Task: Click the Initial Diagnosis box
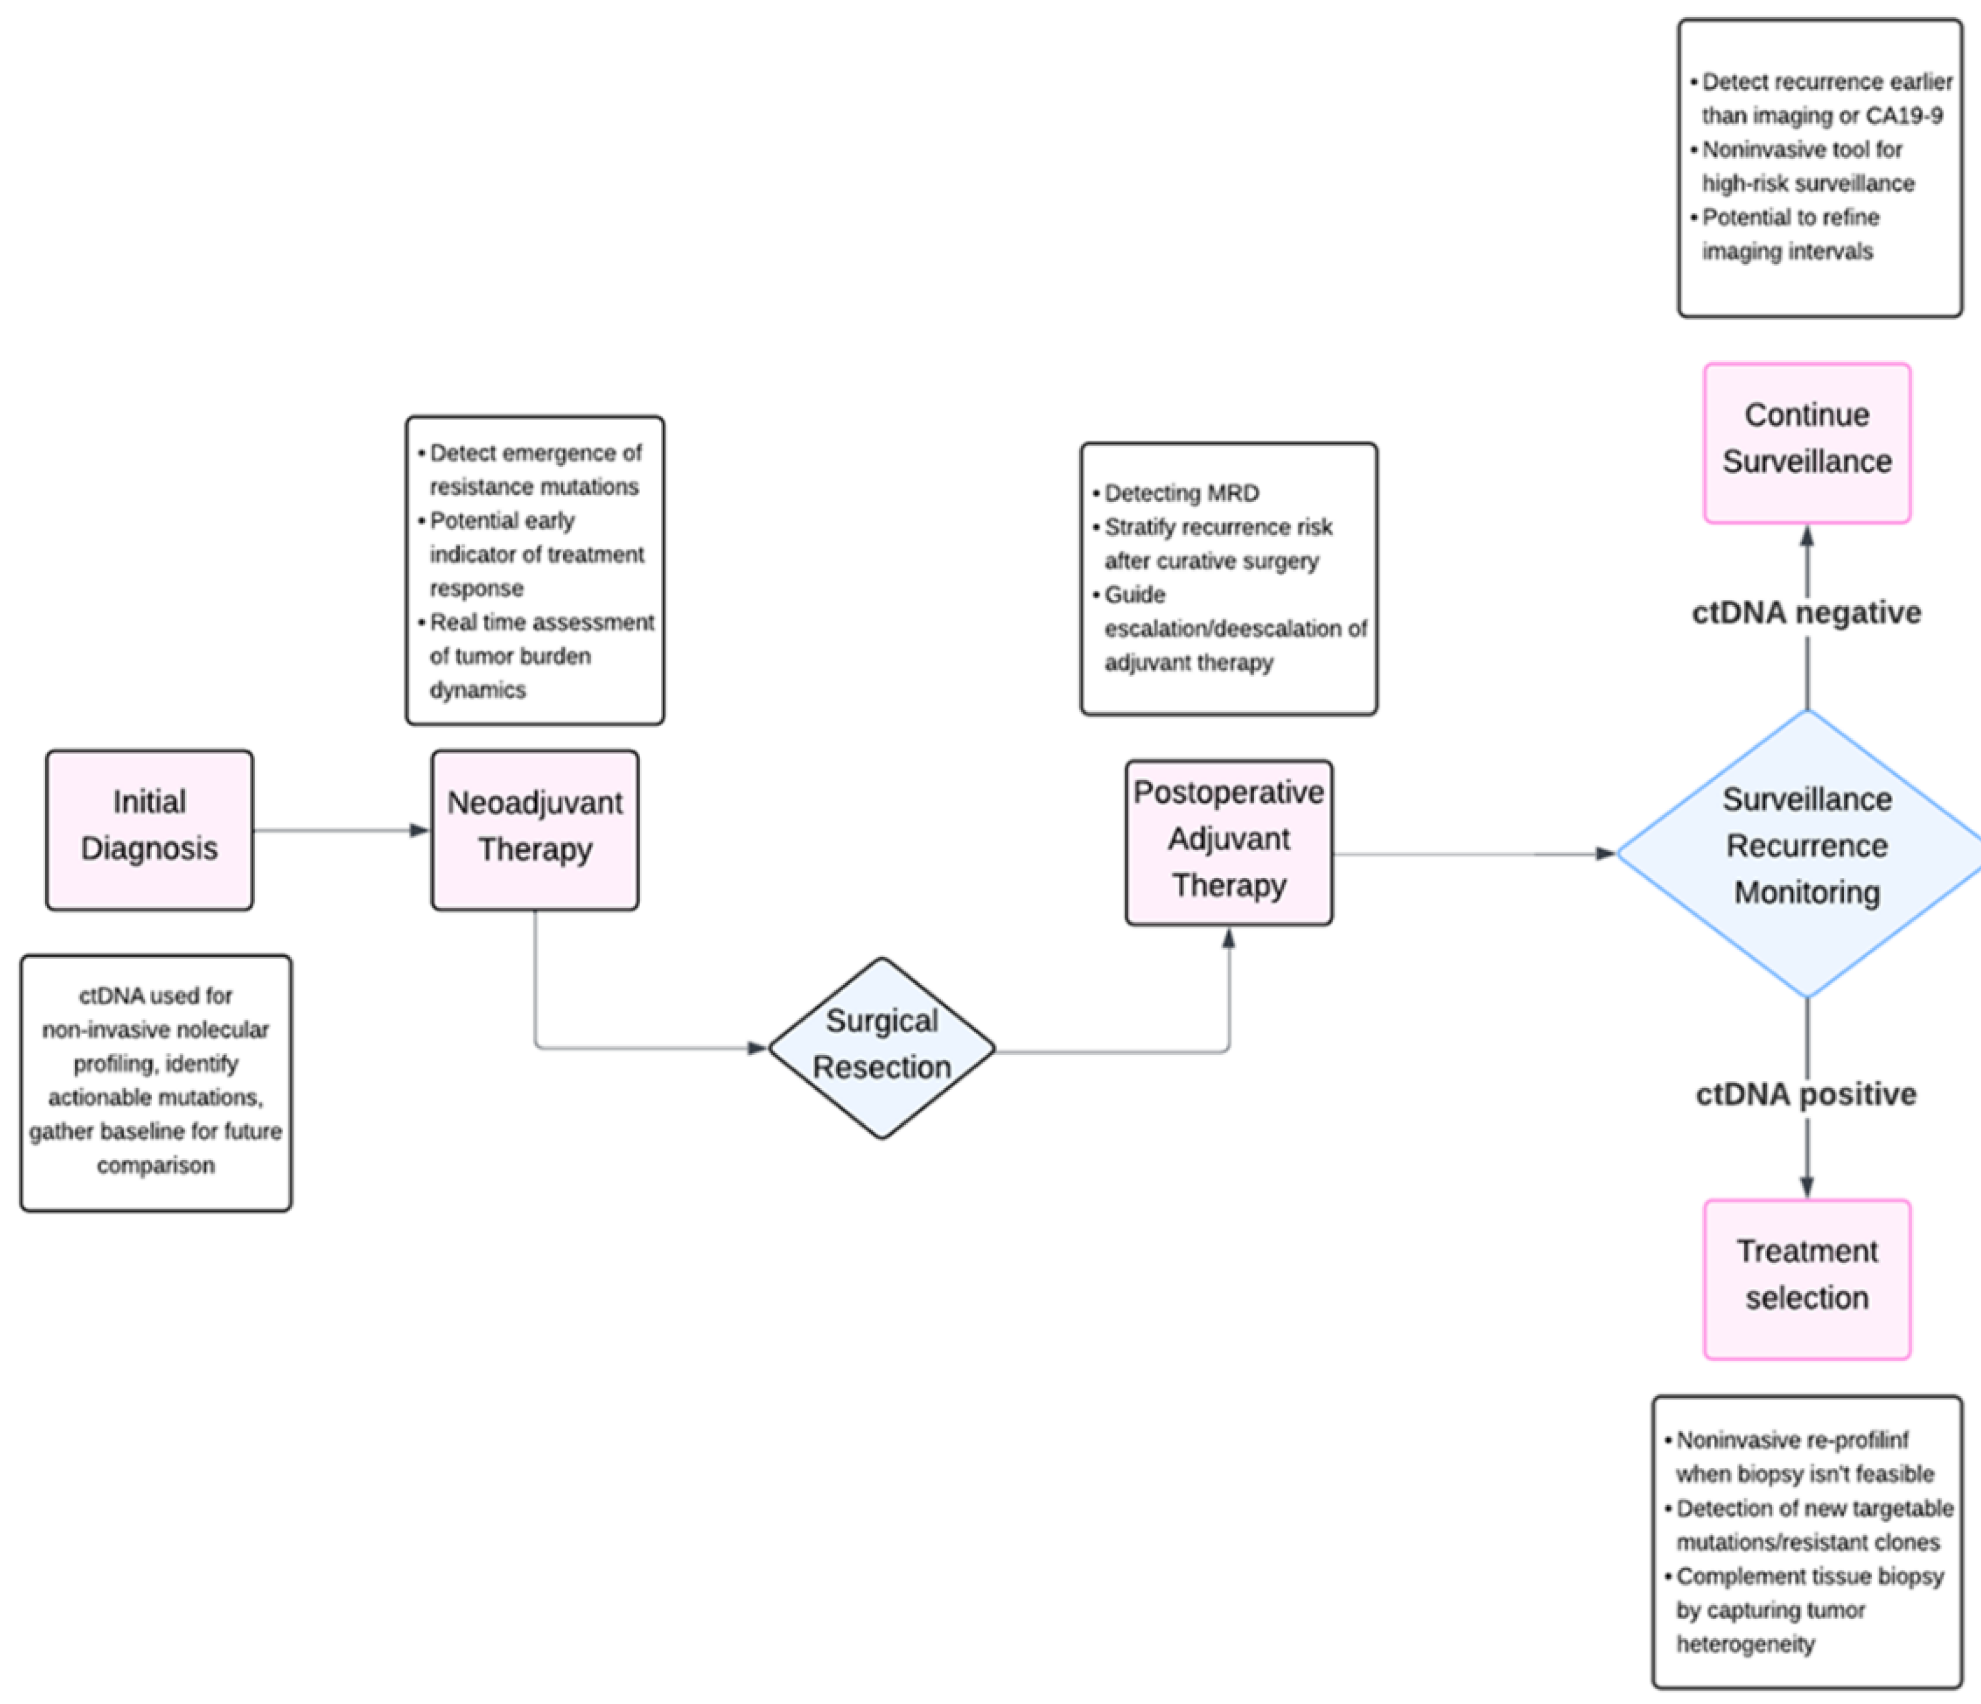(149, 829)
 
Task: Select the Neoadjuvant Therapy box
(535, 829)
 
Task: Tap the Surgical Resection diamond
(882, 1047)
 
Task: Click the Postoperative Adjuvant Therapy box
(1229, 841)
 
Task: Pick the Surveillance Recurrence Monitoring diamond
(1806, 851)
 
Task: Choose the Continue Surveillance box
(1806, 442)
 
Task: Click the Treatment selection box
(1806, 1279)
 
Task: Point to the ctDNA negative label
(1806, 612)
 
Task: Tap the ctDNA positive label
(1806, 1094)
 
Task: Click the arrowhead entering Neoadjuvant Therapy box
(419, 830)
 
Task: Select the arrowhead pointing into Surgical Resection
(757, 1048)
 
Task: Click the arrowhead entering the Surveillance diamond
(1605, 853)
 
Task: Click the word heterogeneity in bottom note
(1745, 1643)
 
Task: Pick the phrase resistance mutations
(533, 487)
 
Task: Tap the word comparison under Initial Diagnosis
(156, 1165)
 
